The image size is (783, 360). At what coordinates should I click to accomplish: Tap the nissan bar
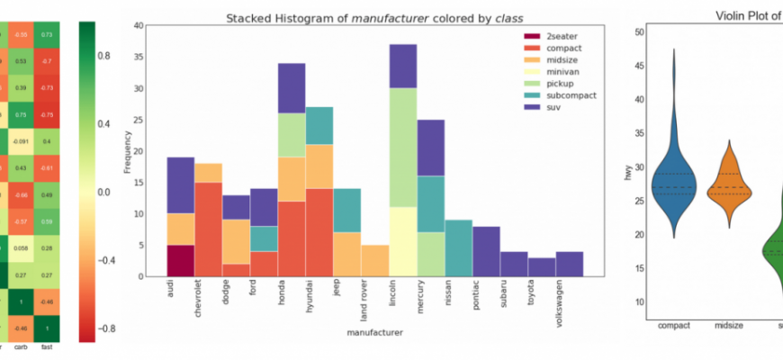tap(459, 247)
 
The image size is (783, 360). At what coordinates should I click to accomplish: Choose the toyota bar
tap(542, 266)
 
